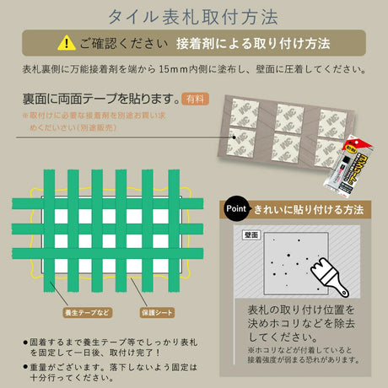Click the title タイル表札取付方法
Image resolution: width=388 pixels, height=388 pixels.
click(x=193, y=15)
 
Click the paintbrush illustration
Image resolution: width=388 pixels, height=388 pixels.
click(x=330, y=271)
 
